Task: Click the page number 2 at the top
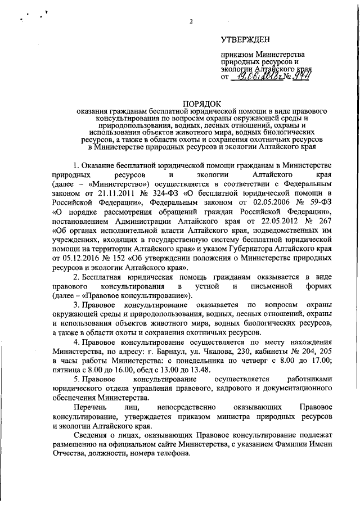(191, 22)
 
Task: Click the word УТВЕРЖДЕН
(245, 39)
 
